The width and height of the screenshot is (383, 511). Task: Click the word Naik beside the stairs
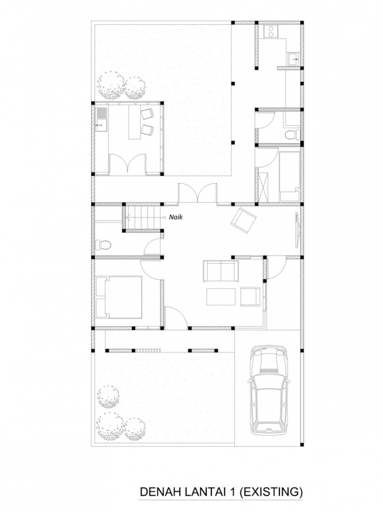176,217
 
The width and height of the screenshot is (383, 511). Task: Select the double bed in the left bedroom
119,297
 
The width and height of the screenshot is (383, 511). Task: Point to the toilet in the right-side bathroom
292,134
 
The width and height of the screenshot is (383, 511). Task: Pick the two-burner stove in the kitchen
271,31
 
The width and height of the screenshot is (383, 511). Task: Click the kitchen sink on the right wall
294,59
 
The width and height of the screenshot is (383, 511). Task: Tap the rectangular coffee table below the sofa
221,296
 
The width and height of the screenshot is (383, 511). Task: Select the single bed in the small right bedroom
289,176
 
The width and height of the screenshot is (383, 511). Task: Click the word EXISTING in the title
271,492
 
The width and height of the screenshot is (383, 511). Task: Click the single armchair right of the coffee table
250,296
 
